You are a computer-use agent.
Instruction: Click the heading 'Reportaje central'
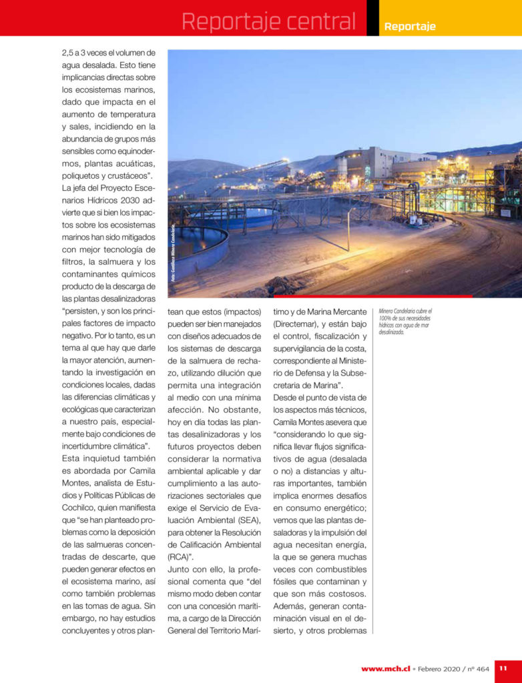click(x=268, y=21)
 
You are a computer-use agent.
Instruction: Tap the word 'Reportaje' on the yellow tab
click(x=410, y=27)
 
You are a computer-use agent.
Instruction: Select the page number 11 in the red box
click(x=503, y=668)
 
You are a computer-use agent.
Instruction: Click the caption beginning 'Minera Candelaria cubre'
click(x=405, y=321)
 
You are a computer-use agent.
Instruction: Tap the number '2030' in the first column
click(x=125, y=201)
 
